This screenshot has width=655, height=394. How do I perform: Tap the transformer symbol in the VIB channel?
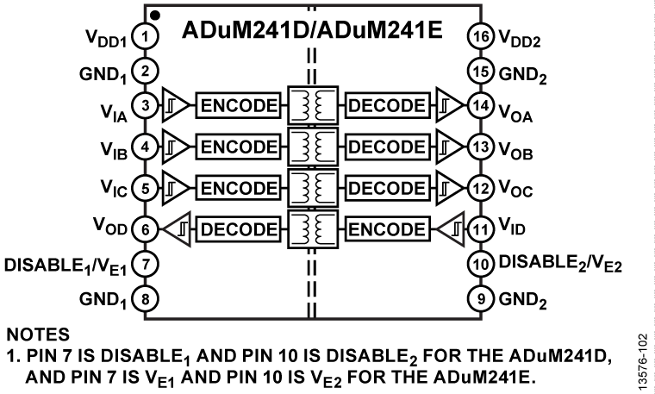pos(313,146)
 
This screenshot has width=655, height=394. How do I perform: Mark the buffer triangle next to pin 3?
pos(175,107)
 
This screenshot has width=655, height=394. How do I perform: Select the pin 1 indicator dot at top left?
pos(153,15)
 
